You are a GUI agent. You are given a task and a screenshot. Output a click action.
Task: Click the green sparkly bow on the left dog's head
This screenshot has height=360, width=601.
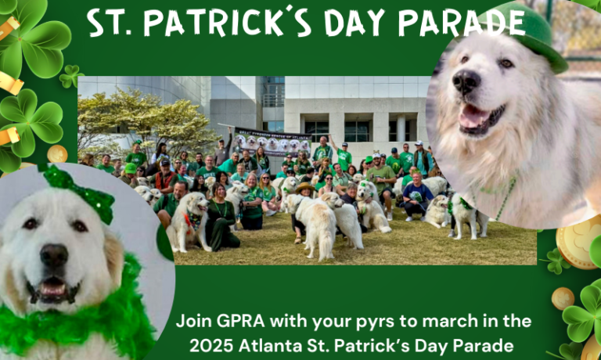(x=78, y=191)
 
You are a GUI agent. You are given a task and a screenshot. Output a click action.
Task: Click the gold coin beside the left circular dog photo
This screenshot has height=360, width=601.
(x=57, y=153)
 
